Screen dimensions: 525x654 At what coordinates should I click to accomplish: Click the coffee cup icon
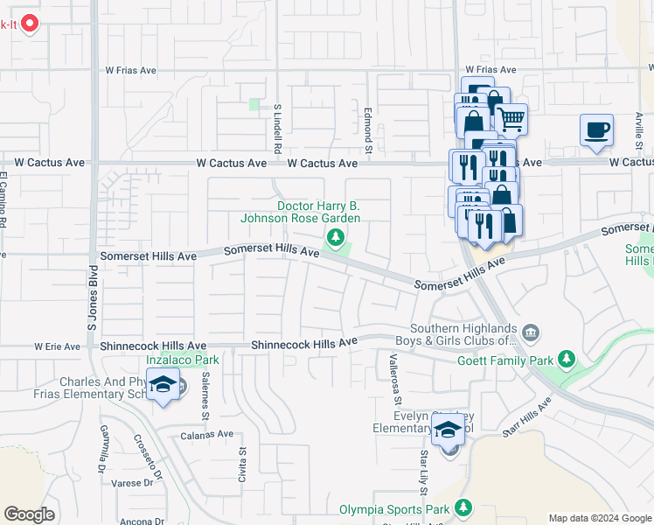tap(596, 131)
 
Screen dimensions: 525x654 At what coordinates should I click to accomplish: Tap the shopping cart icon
tap(511, 119)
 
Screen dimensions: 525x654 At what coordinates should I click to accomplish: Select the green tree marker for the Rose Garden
tap(334, 237)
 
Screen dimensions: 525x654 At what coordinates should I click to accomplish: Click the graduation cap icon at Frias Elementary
tap(163, 385)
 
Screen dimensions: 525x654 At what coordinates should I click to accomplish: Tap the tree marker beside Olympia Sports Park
tap(463, 508)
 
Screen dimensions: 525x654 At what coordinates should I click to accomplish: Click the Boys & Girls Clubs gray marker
tap(531, 332)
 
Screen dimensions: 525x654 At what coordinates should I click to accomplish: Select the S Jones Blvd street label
tap(91, 295)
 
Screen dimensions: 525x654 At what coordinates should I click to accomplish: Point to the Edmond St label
tap(369, 129)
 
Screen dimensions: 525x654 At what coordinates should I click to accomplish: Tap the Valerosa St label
tap(395, 378)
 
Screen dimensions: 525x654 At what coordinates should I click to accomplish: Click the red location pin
tap(31, 23)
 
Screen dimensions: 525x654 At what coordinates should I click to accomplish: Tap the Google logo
tap(29, 514)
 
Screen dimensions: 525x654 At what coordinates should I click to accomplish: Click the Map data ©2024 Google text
tap(599, 518)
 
